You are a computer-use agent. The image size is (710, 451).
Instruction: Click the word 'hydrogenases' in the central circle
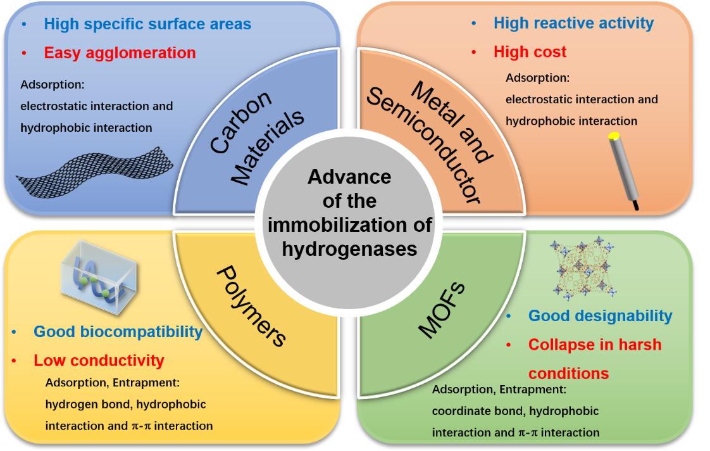[x=349, y=248]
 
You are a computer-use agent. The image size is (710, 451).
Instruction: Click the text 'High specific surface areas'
[x=147, y=24]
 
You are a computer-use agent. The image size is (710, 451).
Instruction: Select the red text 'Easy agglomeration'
[x=120, y=53]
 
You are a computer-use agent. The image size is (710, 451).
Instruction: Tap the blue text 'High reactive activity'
[x=573, y=23]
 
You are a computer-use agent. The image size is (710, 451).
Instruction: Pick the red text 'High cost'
[x=530, y=52]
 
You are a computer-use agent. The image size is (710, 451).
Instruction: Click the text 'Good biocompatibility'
[x=118, y=332]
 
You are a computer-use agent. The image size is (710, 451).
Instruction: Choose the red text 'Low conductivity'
[x=99, y=361]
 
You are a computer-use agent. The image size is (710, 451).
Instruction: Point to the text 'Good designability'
[x=600, y=315]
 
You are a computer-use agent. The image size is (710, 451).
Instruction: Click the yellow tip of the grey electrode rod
[x=613, y=136]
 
